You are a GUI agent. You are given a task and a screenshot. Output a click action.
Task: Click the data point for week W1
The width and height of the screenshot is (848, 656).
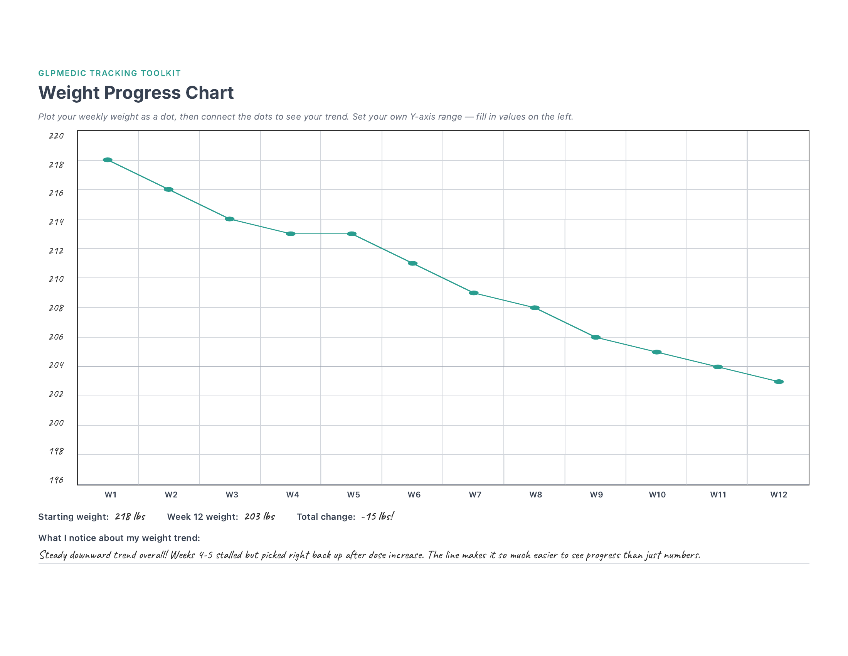tap(108, 160)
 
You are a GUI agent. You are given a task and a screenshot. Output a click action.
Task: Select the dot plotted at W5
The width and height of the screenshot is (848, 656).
tap(352, 233)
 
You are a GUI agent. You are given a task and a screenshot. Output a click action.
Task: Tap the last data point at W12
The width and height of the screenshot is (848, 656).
tap(779, 382)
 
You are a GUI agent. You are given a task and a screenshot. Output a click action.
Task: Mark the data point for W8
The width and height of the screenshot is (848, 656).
tap(535, 308)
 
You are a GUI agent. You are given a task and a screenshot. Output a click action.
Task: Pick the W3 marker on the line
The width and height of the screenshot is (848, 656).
tap(229, 219)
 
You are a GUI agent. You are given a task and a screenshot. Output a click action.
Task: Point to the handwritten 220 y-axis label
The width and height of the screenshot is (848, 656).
tap(56, 135)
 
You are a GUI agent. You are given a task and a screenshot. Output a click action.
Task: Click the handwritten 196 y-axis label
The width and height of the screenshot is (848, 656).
tap(56, 480)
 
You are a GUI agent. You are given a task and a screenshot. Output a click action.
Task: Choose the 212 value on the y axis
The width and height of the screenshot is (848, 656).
tap(56, 251)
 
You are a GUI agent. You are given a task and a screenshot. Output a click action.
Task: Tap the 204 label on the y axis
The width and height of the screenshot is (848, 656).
tap(56, 365)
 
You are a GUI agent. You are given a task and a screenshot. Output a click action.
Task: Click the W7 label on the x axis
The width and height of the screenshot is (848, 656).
tap(475, 495)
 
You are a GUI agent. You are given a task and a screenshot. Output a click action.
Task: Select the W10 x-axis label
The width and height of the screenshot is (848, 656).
tap(657, 495)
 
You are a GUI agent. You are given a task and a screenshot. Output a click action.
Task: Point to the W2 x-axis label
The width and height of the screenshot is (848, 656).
tap(171, 495)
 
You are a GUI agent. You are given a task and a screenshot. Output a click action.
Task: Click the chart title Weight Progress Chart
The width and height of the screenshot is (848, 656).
tap(136, 93)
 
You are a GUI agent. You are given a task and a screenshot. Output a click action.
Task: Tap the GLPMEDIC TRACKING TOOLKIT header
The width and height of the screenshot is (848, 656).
tap(109, 73)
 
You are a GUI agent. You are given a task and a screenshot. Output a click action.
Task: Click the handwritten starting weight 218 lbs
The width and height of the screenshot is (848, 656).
tap(130, 516)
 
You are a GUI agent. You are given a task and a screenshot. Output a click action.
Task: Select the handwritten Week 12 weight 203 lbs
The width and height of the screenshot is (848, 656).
tap(259, 516)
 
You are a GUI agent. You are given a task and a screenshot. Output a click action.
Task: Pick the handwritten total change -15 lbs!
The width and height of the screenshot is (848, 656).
tap(377, 516)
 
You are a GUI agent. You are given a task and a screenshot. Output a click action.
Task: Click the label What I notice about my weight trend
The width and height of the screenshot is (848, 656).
tap(119, 538)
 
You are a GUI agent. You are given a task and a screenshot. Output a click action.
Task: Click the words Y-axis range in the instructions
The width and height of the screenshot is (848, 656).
tap(436, 117)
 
